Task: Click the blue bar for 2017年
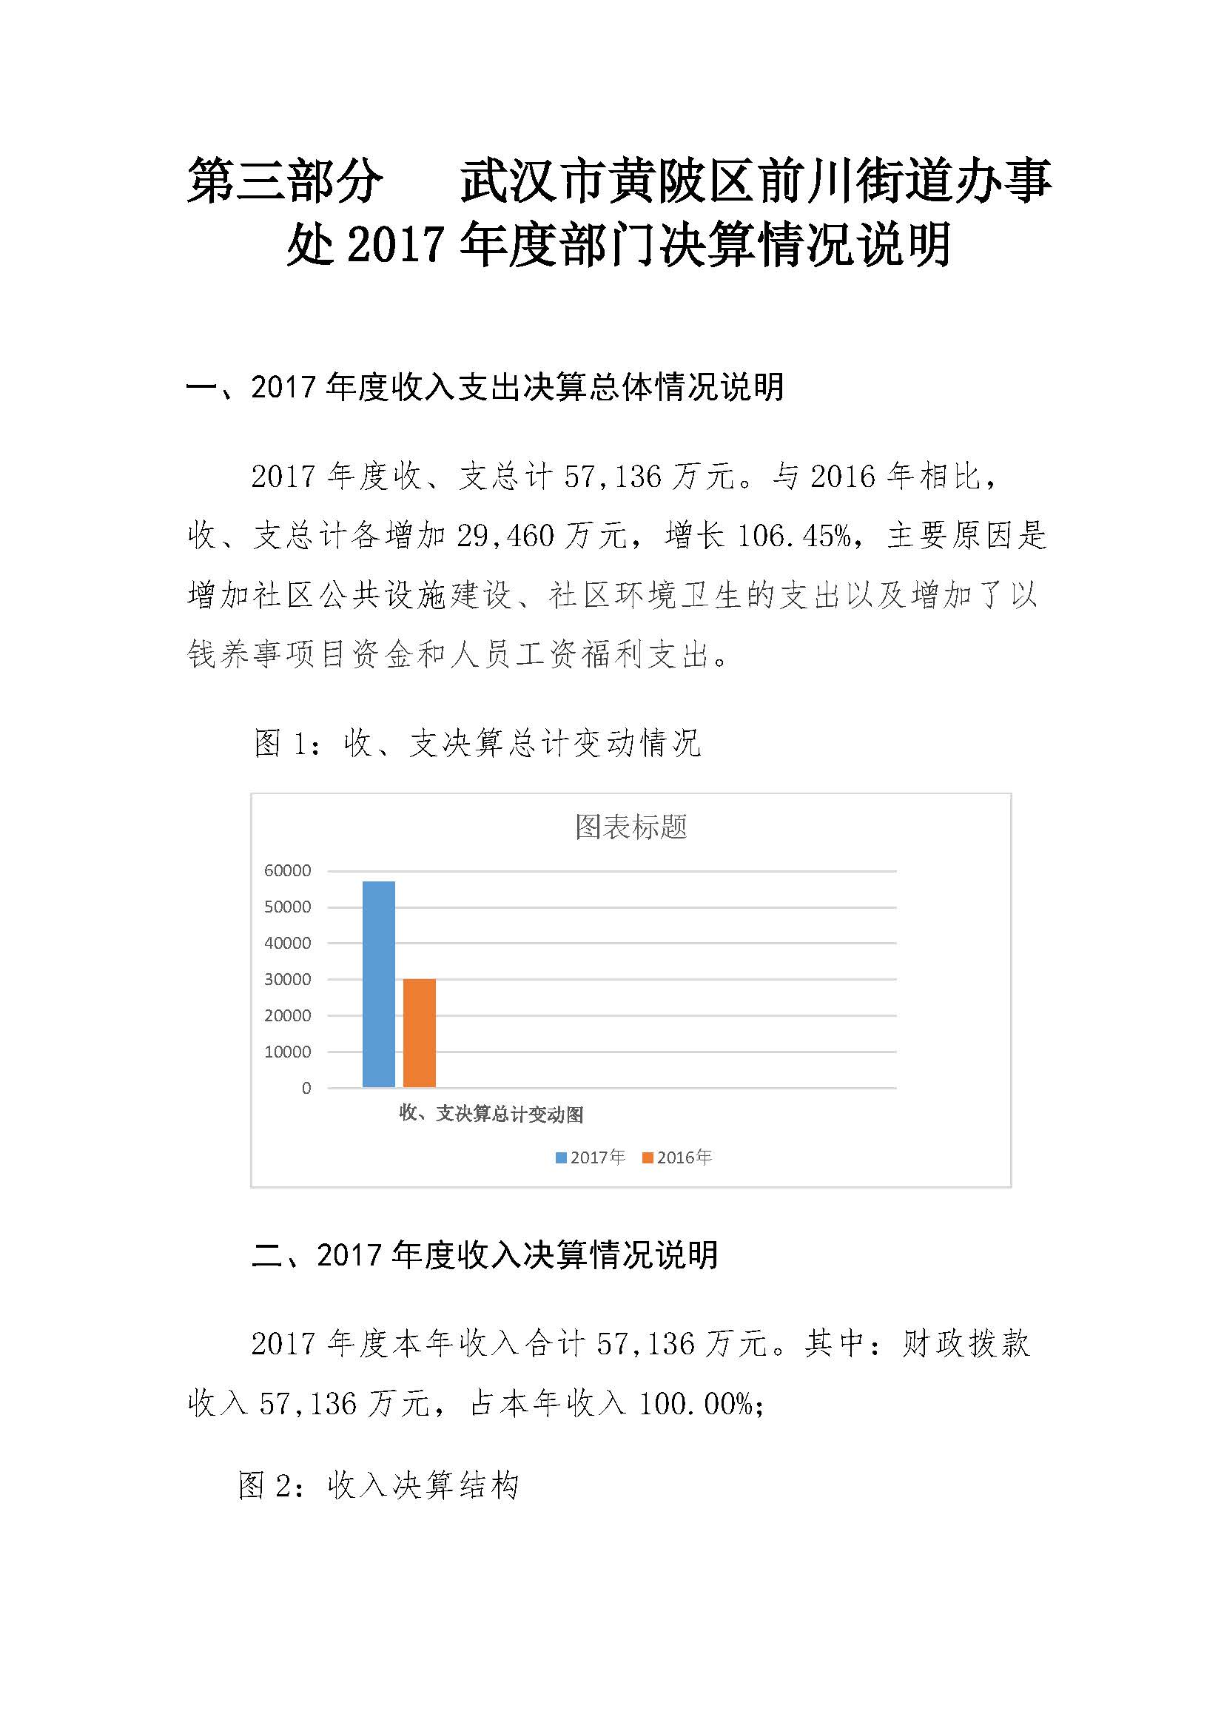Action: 378,984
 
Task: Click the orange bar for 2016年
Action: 419,1033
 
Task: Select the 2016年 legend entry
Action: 677,1157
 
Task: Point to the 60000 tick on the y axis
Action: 287,871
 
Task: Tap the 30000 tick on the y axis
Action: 287,979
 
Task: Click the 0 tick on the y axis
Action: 306,1088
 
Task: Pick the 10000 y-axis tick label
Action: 287,1052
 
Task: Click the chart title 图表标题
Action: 631,827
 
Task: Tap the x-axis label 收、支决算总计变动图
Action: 491,1114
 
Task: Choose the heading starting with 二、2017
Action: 485,1255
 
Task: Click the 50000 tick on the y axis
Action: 287,907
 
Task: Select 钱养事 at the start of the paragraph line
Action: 234,654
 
